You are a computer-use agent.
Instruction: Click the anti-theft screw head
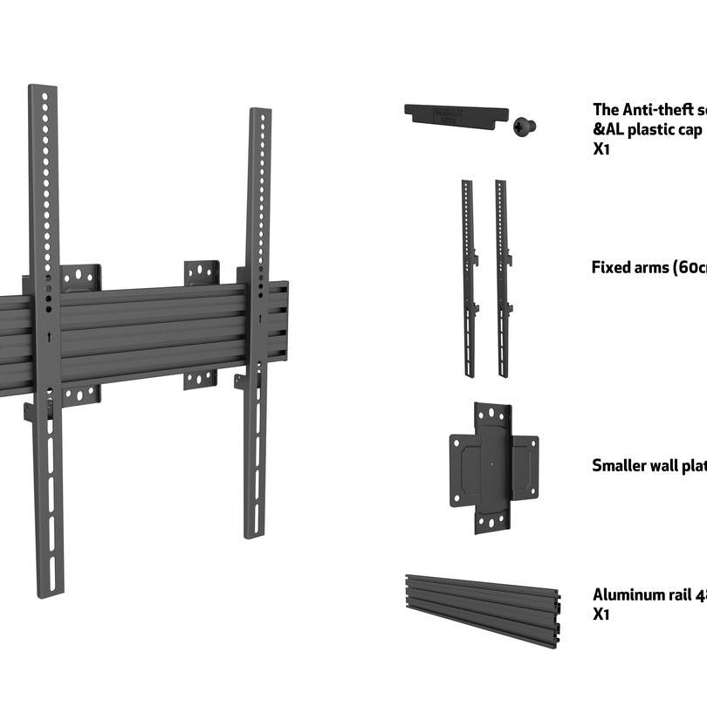pos(524,127)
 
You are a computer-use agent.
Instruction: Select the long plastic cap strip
pos(456,115)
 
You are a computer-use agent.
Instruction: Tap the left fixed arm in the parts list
pos(469,278)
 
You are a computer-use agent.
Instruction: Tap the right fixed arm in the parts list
pos(502,278)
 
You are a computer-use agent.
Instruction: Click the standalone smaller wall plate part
pos(493,467)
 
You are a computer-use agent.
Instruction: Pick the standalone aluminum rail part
pos(482,608)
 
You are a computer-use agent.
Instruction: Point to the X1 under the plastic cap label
pos(601,148)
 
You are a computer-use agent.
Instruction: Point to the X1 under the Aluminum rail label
pos(601,614)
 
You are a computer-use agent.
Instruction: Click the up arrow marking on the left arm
pos(49,336)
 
